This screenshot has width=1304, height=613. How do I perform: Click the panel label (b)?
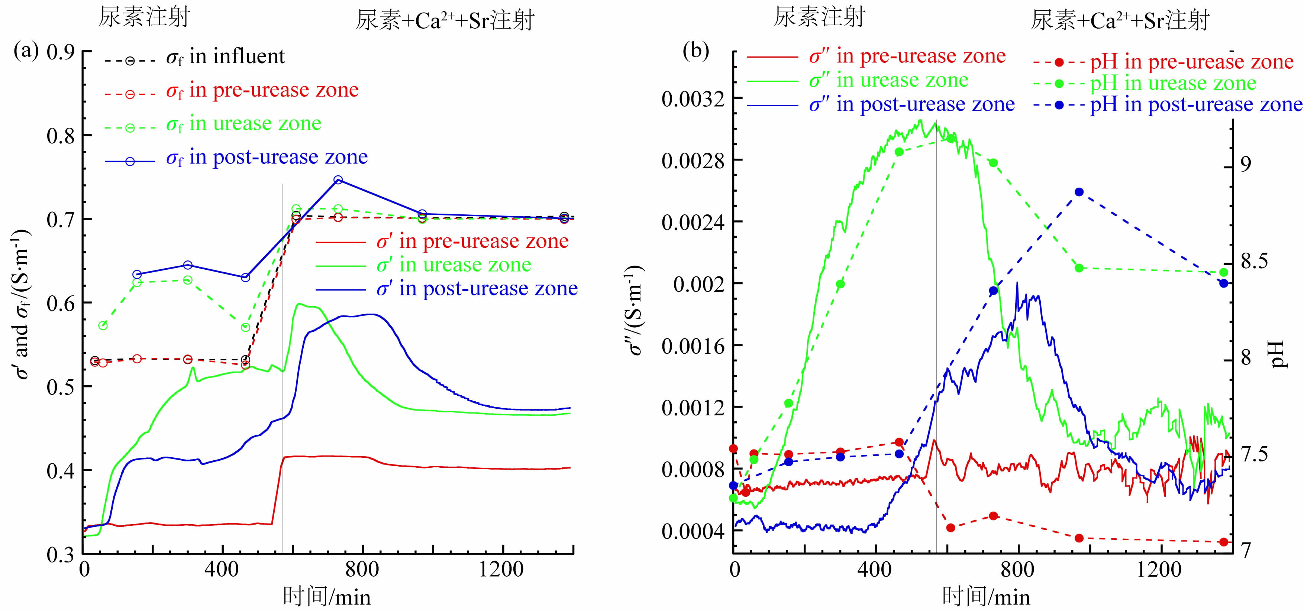(x=695, y=51)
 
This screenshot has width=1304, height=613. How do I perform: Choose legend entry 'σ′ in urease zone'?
(x=454, y=265)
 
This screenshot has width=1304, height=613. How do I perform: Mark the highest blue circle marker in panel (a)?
(x=338, y=180)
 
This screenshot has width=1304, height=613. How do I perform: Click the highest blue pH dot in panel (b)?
(x=1079, y=192)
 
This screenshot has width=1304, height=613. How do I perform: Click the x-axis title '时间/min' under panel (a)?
(x=326, y=597)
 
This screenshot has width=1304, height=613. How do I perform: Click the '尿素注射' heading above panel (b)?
(x=819, y=18)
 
